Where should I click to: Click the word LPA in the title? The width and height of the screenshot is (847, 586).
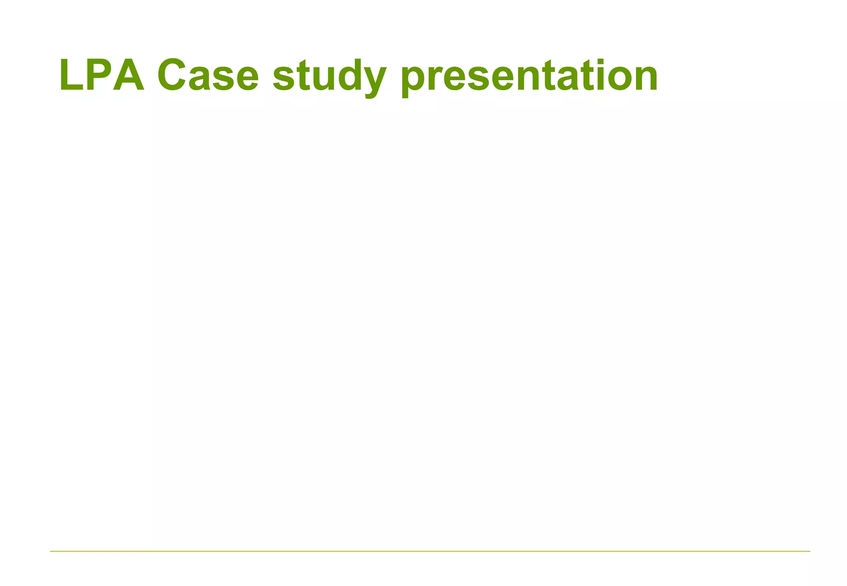click(102, 75)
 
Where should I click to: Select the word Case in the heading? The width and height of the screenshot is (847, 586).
click(208, 75)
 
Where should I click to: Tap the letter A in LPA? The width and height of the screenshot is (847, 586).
click(129, 75)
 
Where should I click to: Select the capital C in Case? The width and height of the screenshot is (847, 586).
click(172, 75)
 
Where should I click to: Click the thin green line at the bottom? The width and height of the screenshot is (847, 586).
click(430, 551)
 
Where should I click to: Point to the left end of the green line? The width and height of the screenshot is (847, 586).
click(51, 551)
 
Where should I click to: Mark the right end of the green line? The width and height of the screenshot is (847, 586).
click(809, 551)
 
